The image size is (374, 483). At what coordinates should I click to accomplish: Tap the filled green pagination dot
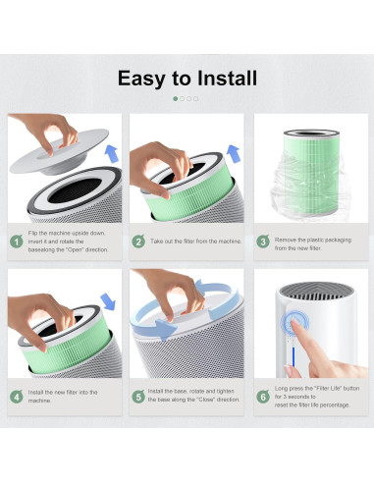(x=176, y=98)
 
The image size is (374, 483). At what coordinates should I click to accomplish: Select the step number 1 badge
(x=17, y=241)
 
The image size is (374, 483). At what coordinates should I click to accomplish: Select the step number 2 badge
(x=138, y=241)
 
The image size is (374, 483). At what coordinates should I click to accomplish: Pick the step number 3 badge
(x=263, y=241)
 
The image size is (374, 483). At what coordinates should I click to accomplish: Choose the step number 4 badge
(x=17, y=397)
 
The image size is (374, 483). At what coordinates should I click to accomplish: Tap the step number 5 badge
(x=138, y=397)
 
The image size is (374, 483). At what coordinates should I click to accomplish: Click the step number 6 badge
(x=263, y=397)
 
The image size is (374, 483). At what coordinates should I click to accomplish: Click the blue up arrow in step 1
(x=112, y=154)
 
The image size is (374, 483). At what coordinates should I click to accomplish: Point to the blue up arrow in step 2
(x=234, y=154)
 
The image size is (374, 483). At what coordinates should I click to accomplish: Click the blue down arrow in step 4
(x=108, y=301)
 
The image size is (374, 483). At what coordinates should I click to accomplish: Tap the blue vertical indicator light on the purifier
(x=294, y=357)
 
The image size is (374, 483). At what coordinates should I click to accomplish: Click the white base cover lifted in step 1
(x=59, y=152)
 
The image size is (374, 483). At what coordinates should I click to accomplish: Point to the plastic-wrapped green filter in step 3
(x=311, y=173)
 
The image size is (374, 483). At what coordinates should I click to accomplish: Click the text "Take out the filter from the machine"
(x=195, y=241)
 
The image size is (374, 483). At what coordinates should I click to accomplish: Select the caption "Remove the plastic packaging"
(x=313, y=240)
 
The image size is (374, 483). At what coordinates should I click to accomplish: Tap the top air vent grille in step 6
(x=316, y=291)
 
